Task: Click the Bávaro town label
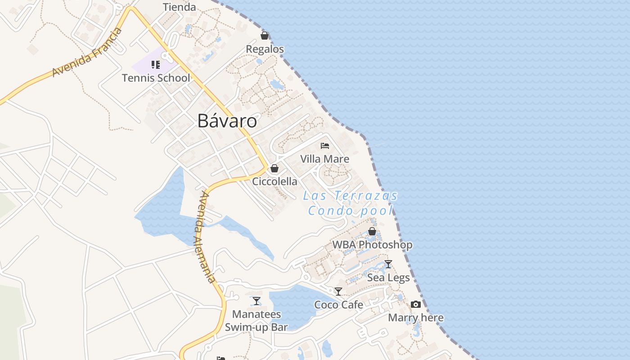point(227,121)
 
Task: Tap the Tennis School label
point(156,78)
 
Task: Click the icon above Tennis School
point(156,65)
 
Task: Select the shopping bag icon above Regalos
point(265,36)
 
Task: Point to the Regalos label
point(265,49)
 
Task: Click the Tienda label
point(179,7)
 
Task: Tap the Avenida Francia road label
point(87,52)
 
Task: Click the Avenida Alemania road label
point(207,237)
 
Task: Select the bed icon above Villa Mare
point(324,145)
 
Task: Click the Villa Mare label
point(324,159)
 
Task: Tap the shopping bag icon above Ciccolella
point(274,168)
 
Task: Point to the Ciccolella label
point(274,181)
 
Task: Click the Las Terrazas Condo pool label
point(351,203)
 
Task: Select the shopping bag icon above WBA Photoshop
point(372,231)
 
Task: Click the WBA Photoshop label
point(372,245)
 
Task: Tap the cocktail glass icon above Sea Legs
point(388,264)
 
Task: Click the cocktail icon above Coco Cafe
point(338,292)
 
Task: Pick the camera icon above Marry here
point(416,305)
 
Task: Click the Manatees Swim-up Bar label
point(256,320)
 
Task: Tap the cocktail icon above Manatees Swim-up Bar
point(256,301)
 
